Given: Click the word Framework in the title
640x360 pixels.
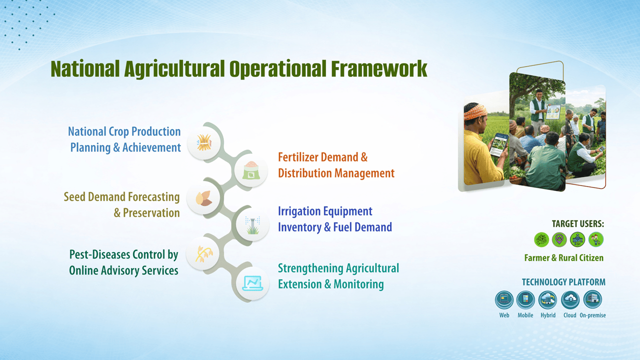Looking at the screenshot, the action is [379, 69].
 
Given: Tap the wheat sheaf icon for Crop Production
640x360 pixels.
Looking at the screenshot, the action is [204, 142].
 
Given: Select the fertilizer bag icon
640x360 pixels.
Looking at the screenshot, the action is [251, 170].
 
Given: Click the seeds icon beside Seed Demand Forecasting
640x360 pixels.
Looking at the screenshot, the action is [203, 198].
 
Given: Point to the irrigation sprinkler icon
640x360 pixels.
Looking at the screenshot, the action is [252, 225].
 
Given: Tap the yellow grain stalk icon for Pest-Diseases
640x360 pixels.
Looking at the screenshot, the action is [203, 253].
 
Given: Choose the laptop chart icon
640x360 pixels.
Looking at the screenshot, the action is [252, 283].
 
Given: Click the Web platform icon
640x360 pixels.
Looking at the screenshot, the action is [504, 299].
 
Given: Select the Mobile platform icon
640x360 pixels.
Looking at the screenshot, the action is [525, 299].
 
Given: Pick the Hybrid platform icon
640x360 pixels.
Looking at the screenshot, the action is [547, 299].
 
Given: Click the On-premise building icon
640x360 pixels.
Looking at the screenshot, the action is [592, 299].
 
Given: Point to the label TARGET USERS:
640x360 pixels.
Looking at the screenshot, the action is [577, 223].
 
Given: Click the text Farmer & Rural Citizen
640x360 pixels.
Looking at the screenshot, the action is [563, 257].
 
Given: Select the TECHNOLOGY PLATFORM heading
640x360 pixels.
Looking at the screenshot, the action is [563, 282].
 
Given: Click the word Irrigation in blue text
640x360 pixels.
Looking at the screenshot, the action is [299, 211].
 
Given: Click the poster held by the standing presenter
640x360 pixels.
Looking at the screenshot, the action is [553, 111].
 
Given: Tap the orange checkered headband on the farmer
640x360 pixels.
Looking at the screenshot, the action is [475, 111].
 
